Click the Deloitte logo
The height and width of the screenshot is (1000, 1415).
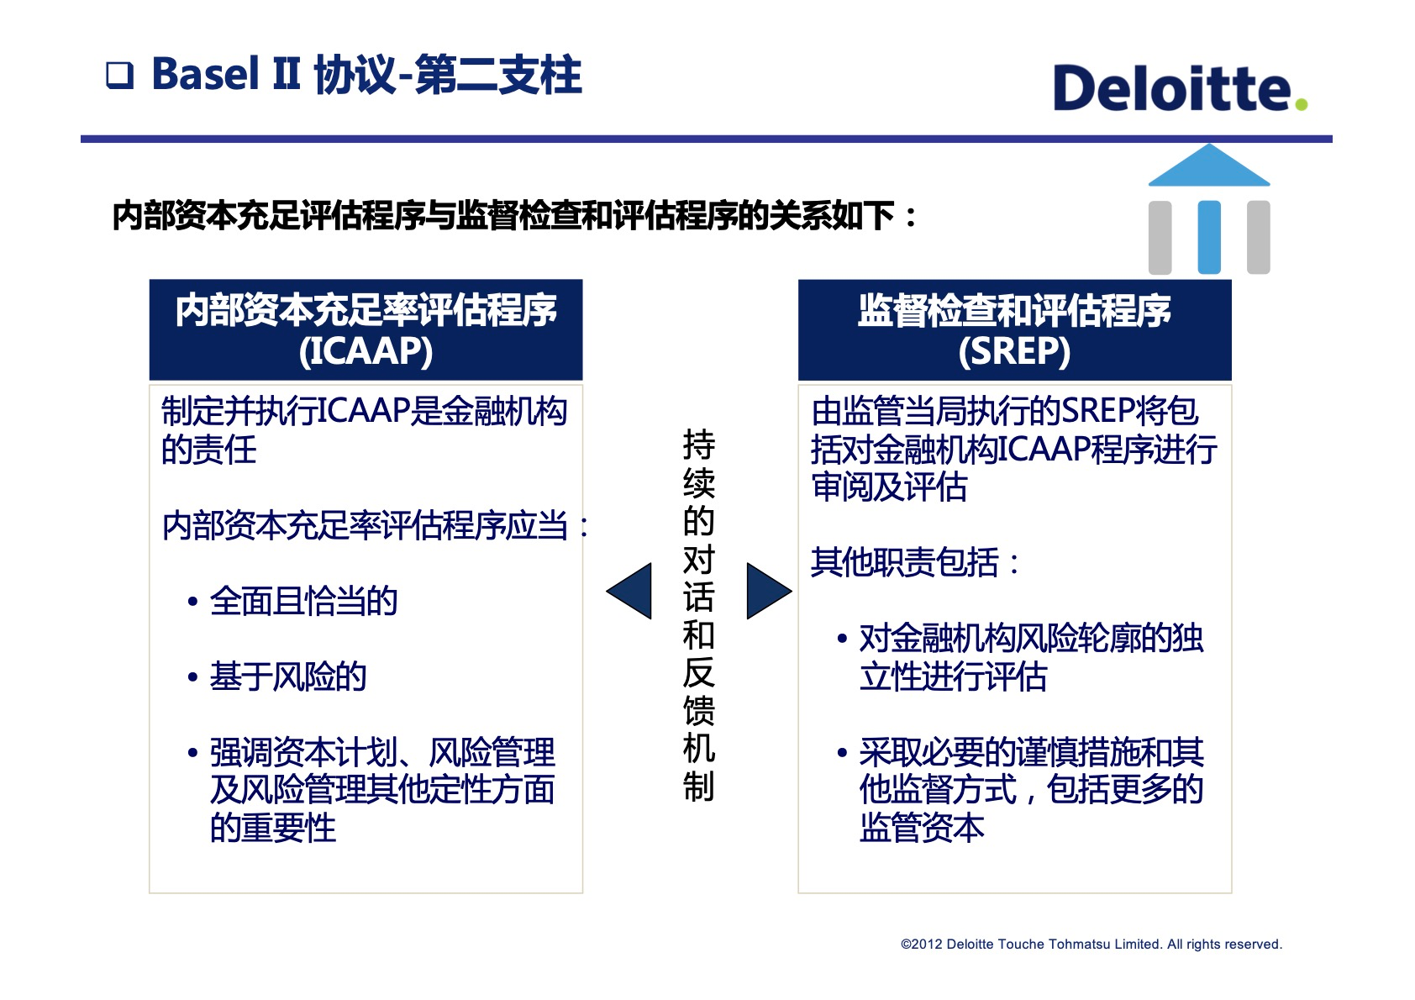pos(1171,88)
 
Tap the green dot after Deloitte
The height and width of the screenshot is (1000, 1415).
pos(1302,104)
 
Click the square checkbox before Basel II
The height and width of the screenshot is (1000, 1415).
pos(120,76)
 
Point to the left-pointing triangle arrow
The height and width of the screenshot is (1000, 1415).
pos(631,592)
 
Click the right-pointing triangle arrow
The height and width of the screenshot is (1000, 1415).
pos(766,592)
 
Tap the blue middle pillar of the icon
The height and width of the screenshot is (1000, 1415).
pos(1209,237)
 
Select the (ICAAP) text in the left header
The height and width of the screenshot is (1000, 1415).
pos(366,351)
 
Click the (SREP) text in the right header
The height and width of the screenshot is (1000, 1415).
pos(1014,351)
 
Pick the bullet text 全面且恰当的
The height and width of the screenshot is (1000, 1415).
pos(303,602)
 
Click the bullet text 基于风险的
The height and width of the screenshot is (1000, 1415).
pos(288,677)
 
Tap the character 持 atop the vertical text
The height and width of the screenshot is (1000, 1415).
pos(698,444)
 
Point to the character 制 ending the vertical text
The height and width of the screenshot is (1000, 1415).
pos(698,787)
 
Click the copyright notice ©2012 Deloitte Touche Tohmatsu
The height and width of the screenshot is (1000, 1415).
pos(1091,945)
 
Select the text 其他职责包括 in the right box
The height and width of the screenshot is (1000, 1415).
pos(905,563)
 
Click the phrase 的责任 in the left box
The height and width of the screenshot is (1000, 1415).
pos(209,450)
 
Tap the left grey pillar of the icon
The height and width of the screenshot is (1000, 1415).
pos(1160,237)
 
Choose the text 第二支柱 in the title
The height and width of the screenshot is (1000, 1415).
pos(498,75)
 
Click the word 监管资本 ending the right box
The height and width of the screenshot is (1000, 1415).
pos(922,829)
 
